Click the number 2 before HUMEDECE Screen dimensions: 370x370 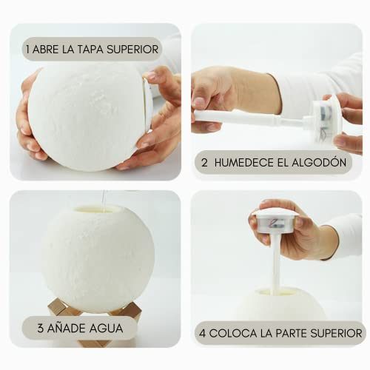[x=204, y=163]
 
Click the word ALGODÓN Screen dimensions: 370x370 [x=320, y=162]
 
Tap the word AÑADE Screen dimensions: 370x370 [x=65, y=328]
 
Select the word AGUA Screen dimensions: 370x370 [x=106, y=329]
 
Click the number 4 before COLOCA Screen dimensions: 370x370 [x=203, y=334]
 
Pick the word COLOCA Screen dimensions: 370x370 [x=233, y=334]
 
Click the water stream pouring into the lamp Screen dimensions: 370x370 [x=104, y=201]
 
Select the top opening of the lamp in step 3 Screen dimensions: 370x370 [x=98, y=209]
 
